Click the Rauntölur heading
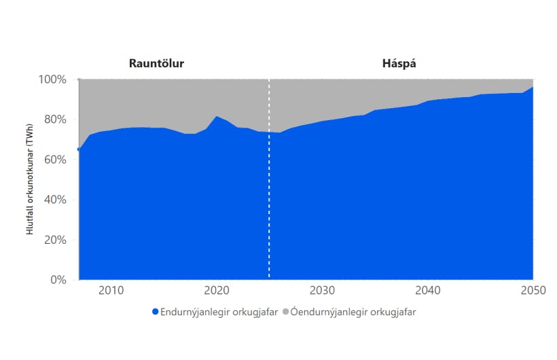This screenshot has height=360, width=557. (156, 63)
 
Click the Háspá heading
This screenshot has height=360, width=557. (399, 63)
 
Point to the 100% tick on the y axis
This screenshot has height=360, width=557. (52, 79)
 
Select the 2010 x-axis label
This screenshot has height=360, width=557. (111, 291)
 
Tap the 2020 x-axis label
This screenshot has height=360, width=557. (217, 291)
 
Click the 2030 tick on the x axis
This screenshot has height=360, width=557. (322, 291)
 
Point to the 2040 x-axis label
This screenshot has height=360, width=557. (427, 291)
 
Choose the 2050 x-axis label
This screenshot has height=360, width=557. (532, 291)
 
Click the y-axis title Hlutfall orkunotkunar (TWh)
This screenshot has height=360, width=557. (30, 179)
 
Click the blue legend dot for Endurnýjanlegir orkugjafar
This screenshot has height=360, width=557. (155, 312)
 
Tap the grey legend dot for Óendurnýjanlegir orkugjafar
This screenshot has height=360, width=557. (285, 312)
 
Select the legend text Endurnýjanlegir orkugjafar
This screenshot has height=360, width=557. (218, 312)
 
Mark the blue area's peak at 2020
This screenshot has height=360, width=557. (217, 117)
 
